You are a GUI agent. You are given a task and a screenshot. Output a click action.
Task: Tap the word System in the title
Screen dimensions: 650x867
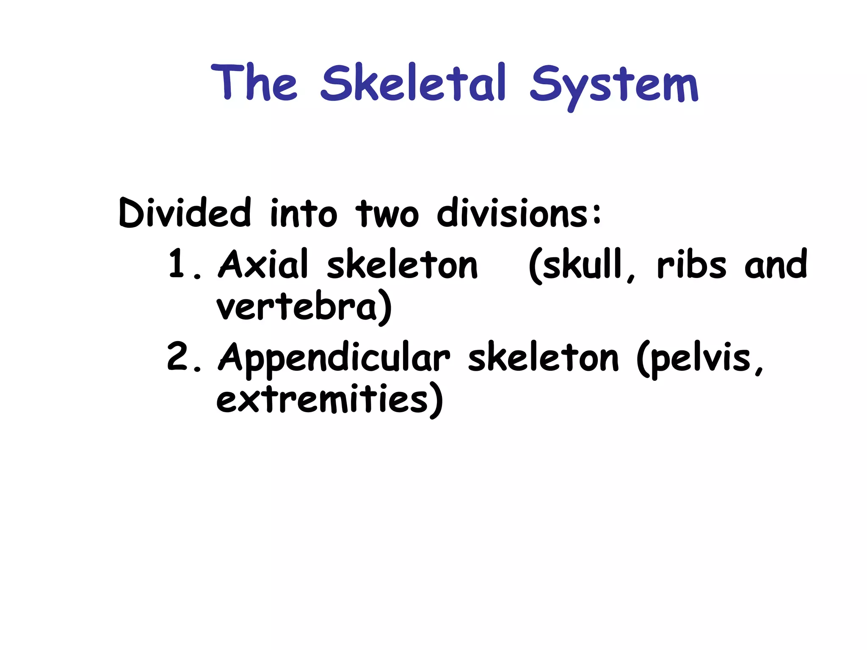614,85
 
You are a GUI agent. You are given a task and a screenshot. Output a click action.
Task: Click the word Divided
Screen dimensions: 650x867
185,212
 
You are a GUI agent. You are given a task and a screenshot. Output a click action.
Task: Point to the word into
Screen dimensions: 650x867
304,213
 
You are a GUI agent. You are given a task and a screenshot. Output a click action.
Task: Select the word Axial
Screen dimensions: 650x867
263,264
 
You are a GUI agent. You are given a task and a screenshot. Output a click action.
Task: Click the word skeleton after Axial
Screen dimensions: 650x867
402,265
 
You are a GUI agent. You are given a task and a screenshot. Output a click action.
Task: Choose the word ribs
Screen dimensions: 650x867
691,265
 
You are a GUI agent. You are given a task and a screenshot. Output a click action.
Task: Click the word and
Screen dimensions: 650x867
776,265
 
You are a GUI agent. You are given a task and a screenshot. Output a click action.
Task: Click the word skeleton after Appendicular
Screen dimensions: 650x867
543,358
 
